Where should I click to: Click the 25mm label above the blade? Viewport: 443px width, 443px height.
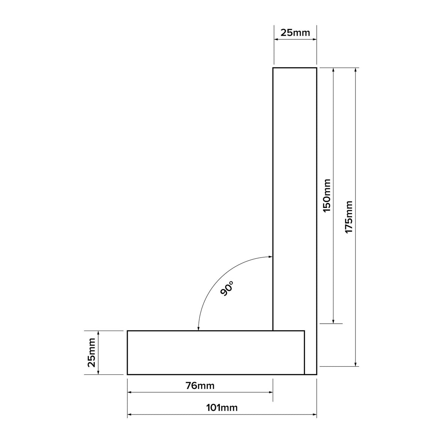click(295, 33)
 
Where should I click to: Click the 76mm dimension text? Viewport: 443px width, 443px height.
click(200, 385)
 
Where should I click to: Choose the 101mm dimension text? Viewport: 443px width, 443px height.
click(221, 408)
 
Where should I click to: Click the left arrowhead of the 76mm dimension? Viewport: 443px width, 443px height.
click(130, 393)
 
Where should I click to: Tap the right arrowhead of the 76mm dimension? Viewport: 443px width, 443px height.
click(270, 393)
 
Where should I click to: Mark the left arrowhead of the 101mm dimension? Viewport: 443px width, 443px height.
click(130, 415)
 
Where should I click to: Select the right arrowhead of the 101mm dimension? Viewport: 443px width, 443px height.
click(314, 415)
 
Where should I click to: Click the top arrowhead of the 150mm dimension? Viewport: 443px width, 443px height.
click(333, 70)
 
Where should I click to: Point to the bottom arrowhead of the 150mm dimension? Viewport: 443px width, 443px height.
click(333, 321)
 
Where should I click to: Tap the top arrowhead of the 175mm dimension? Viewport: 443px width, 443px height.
click(355, 70)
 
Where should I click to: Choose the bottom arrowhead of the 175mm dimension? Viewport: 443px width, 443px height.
click(355, 363)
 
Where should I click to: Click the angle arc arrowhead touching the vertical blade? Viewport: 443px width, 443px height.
click(270, 257)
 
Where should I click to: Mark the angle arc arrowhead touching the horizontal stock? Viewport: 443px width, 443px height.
click(198, 328)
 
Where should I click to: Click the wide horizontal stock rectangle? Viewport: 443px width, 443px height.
click(215, 353)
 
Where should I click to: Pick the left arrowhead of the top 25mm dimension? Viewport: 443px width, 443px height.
click(276, 40)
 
